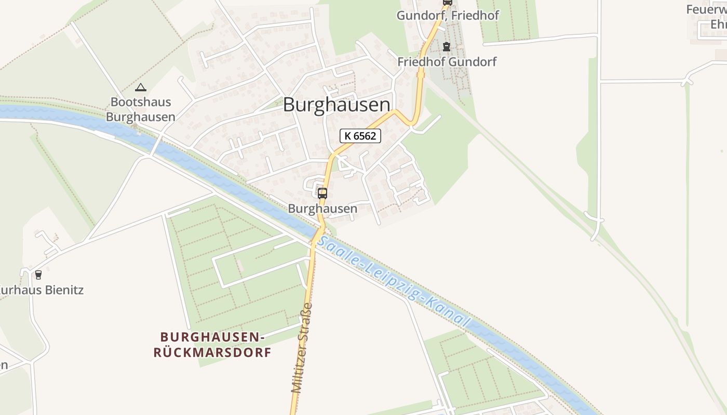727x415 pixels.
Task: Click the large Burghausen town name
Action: tap(336, 105)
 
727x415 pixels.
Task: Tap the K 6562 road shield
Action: tap(360, 136)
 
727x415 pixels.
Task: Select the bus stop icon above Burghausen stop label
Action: tap(322, 193)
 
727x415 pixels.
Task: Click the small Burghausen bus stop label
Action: tap(322, 209)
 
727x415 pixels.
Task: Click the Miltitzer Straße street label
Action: tap(302, 348)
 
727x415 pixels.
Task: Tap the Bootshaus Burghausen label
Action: tap(141, 109)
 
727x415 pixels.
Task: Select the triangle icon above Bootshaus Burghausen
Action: tap(140, 87)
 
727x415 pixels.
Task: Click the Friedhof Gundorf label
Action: tap(447, 62)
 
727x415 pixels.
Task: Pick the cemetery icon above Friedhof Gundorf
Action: tap(446, 47)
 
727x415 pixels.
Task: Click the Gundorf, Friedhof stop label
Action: tap(448, 16)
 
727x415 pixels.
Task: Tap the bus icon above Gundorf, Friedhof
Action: tap(447, 2)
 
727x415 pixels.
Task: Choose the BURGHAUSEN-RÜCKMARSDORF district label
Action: tap(212, 345)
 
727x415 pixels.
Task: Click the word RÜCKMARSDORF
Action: tap(212, 353)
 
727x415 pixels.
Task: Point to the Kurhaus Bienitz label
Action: tap(42, 290)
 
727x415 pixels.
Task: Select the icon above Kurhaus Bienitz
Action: tap(38, 274)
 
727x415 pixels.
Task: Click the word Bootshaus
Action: tap(141, 102)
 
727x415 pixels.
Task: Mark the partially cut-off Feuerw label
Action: tap(706, 9)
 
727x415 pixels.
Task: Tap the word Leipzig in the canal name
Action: tap(394, 282)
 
